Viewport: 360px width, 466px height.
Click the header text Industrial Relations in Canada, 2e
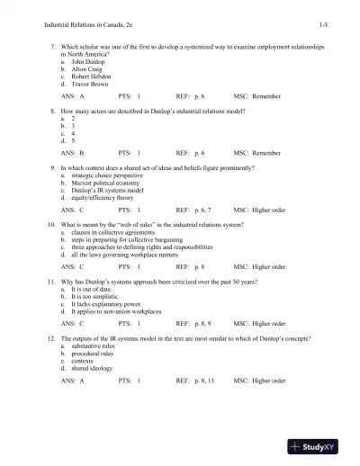click(x=62, y=21)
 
